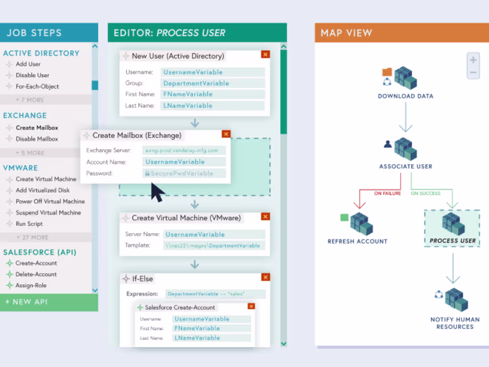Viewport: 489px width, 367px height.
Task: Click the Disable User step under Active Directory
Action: [32, 75]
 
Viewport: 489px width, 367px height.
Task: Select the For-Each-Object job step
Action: [37, 86]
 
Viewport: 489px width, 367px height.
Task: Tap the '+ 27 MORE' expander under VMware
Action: [32, 237]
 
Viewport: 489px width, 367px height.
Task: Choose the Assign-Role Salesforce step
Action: [31, 285]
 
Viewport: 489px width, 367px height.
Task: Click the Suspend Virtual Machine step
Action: [48, 213]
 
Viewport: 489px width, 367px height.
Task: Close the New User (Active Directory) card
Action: [265, 54]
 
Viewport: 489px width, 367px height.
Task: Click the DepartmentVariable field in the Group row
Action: [212, 83]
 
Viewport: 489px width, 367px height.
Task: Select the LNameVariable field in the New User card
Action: [212, 105]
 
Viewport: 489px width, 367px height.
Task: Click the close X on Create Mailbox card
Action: [226, 134]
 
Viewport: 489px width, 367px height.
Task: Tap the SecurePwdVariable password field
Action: [184, 173]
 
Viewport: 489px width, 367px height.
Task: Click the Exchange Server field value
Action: [184, 150]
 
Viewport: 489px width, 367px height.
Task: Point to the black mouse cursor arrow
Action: [156, 192]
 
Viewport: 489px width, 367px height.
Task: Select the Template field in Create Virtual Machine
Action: [214, 246]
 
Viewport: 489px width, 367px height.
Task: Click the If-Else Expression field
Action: [215, 294]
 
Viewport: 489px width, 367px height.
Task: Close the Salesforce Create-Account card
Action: [251, 306]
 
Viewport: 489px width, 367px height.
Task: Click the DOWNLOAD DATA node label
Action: [405, 96]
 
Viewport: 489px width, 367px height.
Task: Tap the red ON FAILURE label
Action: [387, 194]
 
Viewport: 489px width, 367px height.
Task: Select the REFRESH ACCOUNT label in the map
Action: [357, 241]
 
